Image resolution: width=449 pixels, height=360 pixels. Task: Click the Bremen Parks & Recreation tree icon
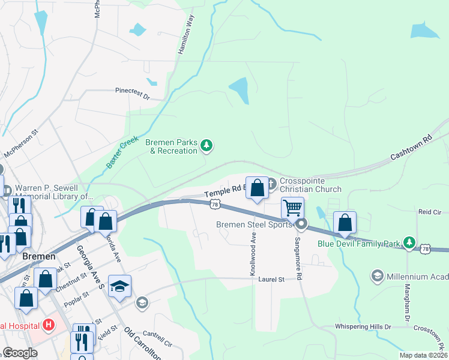tap(206, 145)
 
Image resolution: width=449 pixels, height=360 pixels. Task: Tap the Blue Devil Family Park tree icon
tap(409, 242)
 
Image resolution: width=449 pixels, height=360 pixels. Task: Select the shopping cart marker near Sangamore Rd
tap(292, 208)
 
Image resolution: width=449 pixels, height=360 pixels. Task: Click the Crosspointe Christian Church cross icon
tap(271, 183)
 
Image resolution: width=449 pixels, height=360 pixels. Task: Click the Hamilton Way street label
tap(186, 35)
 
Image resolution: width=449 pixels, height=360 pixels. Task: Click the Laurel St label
tap(270, 279)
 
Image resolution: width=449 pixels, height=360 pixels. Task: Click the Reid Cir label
tap(430, 212)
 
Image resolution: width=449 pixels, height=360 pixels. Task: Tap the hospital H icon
tap(49, 326)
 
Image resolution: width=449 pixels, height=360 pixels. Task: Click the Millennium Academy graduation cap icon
tap(378, 275)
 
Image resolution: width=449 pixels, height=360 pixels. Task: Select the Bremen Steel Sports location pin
tap(301, 225)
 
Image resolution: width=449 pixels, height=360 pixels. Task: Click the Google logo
tap(20, 353)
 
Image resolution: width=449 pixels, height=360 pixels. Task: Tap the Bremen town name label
tap(38, 256)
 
